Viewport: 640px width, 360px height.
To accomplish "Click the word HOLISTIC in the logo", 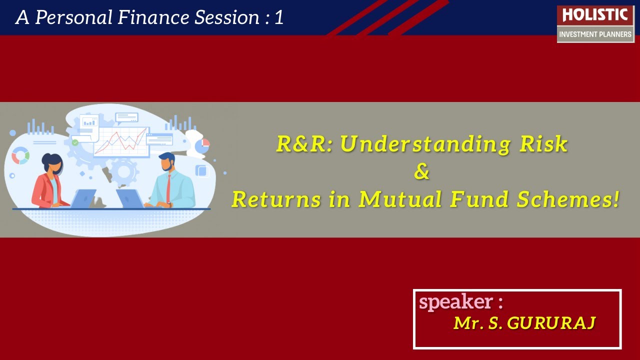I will tap(595, 15).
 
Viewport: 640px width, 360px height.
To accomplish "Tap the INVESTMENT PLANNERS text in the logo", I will tap(595, 34).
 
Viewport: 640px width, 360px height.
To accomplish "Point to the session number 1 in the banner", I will tap(279, 17).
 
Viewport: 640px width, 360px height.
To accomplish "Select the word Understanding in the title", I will tap(425, 144).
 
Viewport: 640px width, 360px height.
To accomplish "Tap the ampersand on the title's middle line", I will tap(422, 172).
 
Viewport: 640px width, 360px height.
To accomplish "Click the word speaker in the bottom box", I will tap(455, 302).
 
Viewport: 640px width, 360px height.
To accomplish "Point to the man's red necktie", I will tap(169, 188).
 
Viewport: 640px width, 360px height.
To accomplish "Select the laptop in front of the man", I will tap(130, 198).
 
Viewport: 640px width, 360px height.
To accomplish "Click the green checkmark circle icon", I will tap(75, 143).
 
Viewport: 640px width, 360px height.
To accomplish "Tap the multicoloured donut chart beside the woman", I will tap(20, 155).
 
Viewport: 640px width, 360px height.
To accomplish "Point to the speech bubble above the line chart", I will tap(126, 118).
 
